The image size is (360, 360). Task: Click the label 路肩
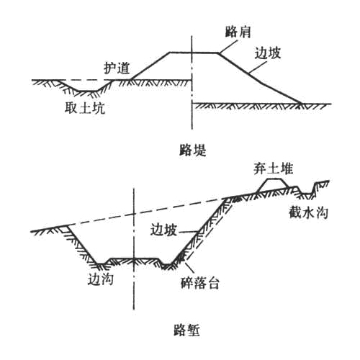238,32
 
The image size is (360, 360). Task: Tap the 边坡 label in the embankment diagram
268,53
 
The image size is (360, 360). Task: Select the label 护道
117,68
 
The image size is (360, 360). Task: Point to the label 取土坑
85,108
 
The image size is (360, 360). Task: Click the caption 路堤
193,150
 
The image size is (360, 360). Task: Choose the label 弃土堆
273,168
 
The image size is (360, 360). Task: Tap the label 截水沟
308,212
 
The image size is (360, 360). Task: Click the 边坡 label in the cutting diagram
163,230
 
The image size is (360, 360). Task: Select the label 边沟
100,279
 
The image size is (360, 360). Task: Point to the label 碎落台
199,283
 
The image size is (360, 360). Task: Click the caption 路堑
186,330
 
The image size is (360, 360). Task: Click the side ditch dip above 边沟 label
102,264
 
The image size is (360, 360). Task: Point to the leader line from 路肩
228,46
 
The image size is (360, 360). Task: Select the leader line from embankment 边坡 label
258,66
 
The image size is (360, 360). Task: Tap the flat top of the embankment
194,52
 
